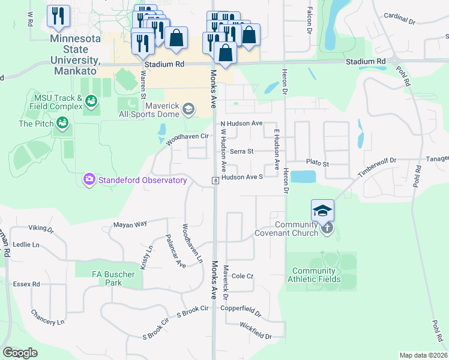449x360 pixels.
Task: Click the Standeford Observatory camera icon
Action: [x=89, y=179]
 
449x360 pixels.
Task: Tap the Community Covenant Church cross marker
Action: [x=327, y=228]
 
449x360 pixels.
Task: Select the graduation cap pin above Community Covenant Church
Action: [x=322, y=211]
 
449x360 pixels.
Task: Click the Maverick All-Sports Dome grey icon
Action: [x=188, y=109]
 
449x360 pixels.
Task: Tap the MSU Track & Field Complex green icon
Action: [x=91, y=101]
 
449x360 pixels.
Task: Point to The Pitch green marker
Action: [x=62, y=123]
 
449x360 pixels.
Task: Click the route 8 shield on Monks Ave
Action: [x=214, y=181]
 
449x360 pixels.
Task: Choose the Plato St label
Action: [x=318, y=163]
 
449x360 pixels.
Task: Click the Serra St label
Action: [x=242, y=152]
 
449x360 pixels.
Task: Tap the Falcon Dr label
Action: [x=310, y=23]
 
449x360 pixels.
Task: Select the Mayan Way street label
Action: [x=130, y=224]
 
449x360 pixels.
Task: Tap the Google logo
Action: [x=20, y=353]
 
